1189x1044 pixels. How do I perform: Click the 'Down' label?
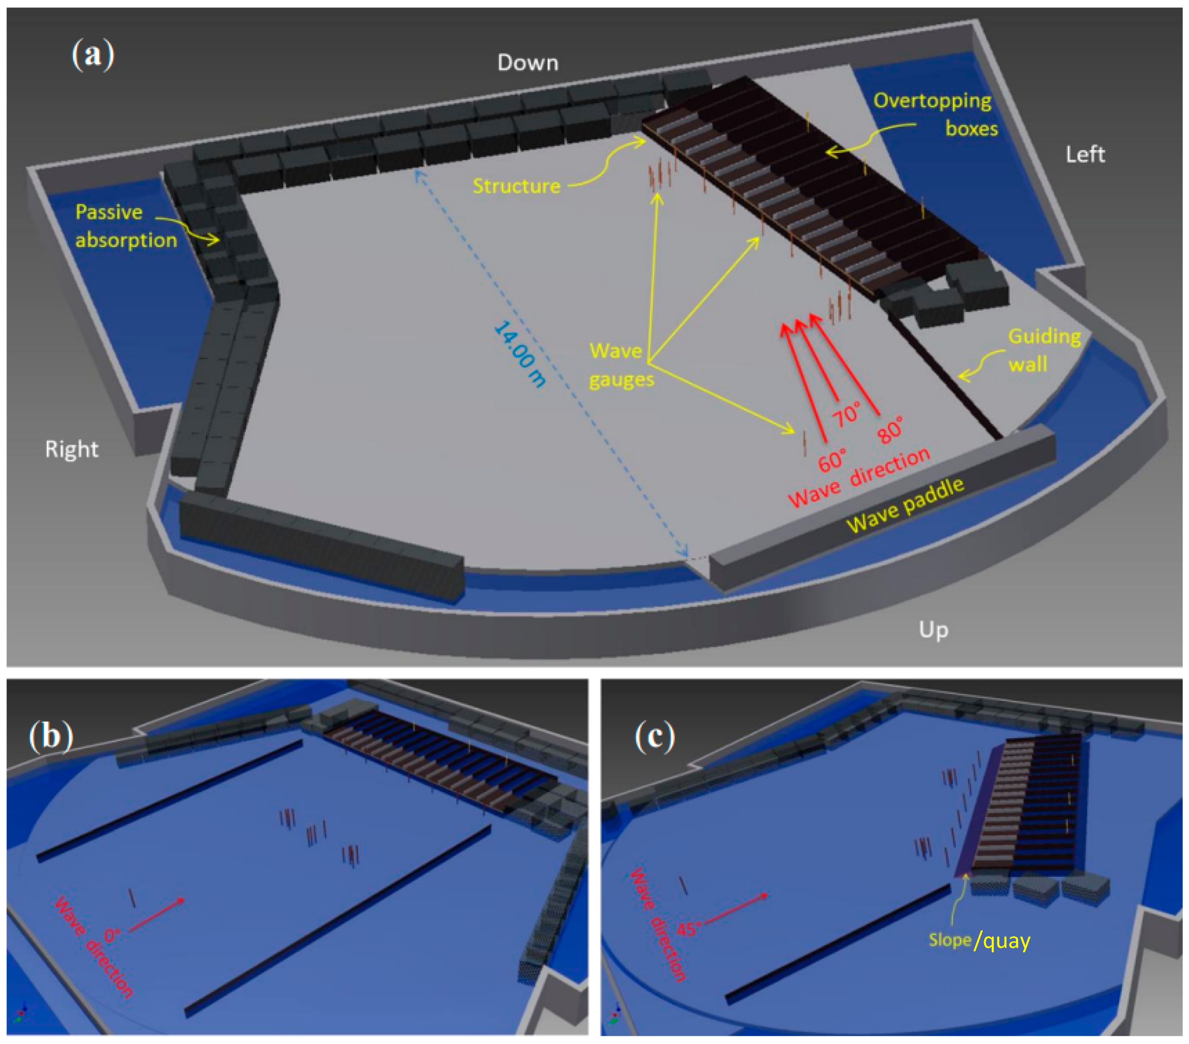(x=528, y=63)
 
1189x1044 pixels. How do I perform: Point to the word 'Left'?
(x=1085, y=154)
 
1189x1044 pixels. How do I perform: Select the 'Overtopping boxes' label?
(x=935, y=114)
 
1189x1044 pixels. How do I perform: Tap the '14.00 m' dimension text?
(x=520, y=354)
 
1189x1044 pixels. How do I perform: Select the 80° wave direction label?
(x=891, y=429)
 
